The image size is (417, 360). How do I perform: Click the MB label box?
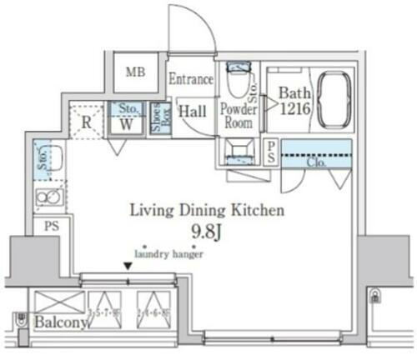[x=136, y=72]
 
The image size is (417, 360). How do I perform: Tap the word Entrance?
[x=191, y=80]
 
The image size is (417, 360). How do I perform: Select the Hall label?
[x=194, y=111]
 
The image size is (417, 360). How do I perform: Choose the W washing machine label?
[x=126, y=123]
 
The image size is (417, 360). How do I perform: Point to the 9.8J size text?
[x=206, y=231]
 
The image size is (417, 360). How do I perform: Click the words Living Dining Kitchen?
[x=206, y=211]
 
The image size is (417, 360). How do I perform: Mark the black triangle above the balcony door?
[x=128, y=267]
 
